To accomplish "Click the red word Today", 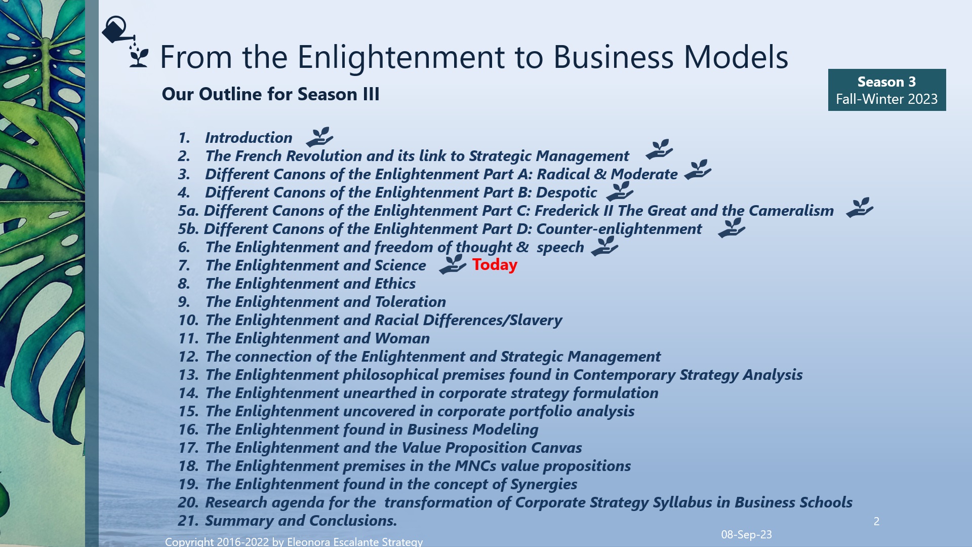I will pos(495,264).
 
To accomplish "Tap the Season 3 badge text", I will pos(886,82).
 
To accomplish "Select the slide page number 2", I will pos(876,521).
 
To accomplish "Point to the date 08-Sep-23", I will pos(746,534).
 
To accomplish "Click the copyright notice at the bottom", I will pos(294,541).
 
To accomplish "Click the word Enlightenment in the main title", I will pos(401,57).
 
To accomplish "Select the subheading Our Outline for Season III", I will pos(270,94).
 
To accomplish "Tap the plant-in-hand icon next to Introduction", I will pos(319,137).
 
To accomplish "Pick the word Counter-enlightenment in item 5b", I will pos(619,229).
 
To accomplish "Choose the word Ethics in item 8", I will pos(395,284).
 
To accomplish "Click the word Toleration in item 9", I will pos(410,302).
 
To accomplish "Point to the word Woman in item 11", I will pos(402,338).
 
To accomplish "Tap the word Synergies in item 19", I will pos(543,484).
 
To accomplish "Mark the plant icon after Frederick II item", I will pos(860,208).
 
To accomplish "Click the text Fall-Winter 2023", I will pos(886,99).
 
